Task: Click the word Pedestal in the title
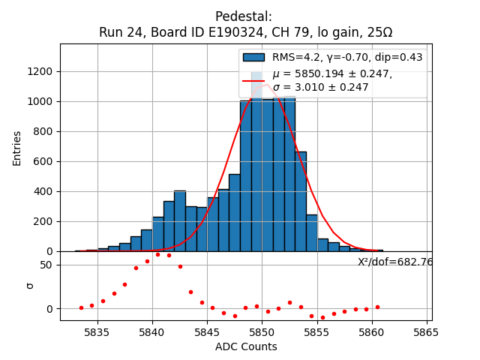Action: [244, 16]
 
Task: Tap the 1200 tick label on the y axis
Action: [41, 71]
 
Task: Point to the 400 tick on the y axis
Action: [44, 191]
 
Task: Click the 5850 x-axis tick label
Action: [262, 331]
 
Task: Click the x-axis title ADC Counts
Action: [246, 346]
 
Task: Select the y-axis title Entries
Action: [17, 148]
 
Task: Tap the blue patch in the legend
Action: [253, 58]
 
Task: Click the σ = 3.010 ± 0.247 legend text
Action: [320, 88]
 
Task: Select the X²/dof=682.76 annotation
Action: [395, 262]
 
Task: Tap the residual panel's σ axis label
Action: [30, 285]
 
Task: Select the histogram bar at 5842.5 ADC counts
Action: [180, 221]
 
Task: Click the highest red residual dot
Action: [157, 254]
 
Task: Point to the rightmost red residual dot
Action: [377, 307]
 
